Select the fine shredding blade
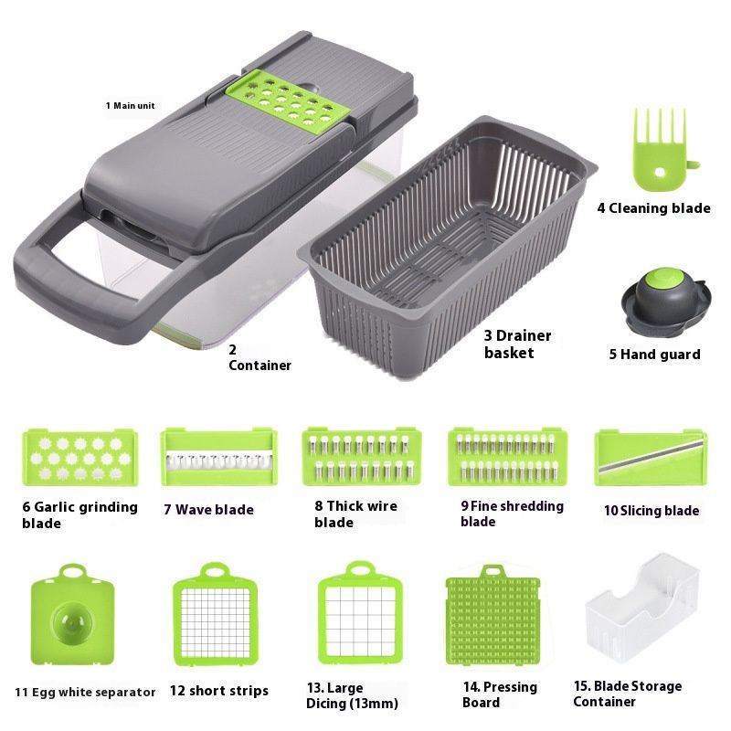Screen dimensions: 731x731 pyautogui.click(x=507, y=456)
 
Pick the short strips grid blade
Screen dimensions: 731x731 pyautogui.click(x=217, y=622)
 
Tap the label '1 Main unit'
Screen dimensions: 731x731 pyautogui.click(x=130, y=106)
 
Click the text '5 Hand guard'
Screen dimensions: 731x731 pyautogui.click(x=654, y=355)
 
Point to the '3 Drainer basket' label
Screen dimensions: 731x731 pyautogui.click(x=518, y=344)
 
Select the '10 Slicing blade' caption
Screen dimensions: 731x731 pyautogui.click(x=651, y=511)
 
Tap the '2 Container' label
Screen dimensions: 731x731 pyautogui.click(x=260, y=357)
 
